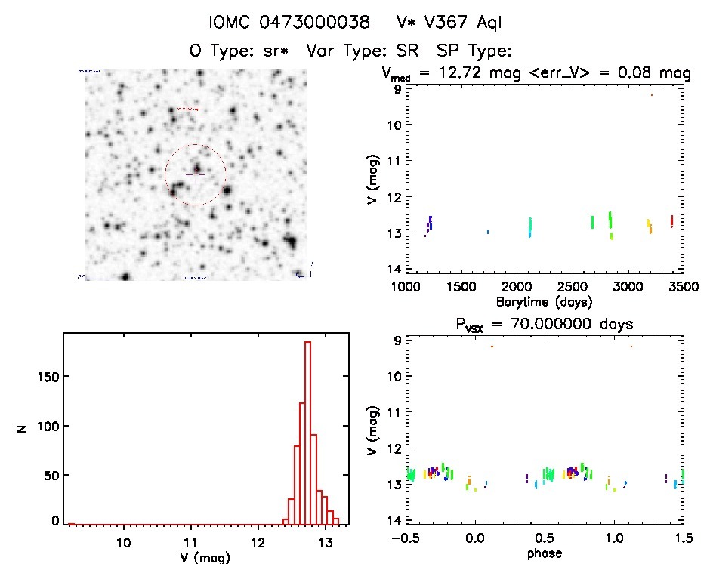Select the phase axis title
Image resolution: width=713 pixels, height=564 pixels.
[x=537, y=553]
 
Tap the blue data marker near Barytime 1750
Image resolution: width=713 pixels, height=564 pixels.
[x=488, y=232]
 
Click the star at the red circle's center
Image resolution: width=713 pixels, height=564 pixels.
[x=196, y=168]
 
